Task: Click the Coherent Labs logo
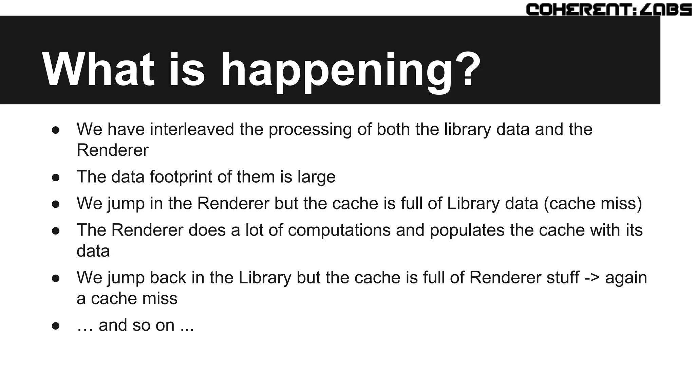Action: pos(609,9)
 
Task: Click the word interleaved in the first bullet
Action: pos(192,129)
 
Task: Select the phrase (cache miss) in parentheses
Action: pos(593,203)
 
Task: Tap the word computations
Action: pos(339,230)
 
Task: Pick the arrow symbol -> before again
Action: pos(592,278)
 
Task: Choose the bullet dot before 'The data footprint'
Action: pos(56,178)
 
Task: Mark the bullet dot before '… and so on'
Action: pos(56,326)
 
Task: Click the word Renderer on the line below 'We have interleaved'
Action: pos(112,150)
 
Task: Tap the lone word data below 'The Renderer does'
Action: pos(93,251)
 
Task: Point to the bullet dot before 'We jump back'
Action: pos(56,278)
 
